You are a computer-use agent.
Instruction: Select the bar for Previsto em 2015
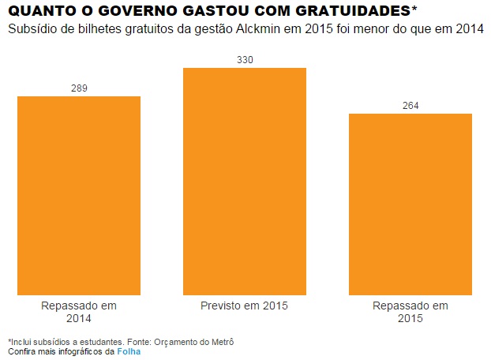[x=245, y=181]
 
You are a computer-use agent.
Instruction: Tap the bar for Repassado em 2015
[x=410, y=204]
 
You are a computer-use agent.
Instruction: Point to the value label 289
[x=79, y=88]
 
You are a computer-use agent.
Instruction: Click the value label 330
[x=245, y=60]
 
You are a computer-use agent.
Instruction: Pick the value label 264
[x=410, y=106]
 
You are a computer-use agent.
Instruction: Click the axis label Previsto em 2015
[x=245, y=306]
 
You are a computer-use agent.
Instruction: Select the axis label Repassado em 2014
[x=79, y=312]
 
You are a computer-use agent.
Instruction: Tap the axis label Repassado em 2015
[x=410, y=312]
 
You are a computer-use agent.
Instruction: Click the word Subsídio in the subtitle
[x=31, y=29]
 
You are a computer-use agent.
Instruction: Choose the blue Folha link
[x=129, y=351]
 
